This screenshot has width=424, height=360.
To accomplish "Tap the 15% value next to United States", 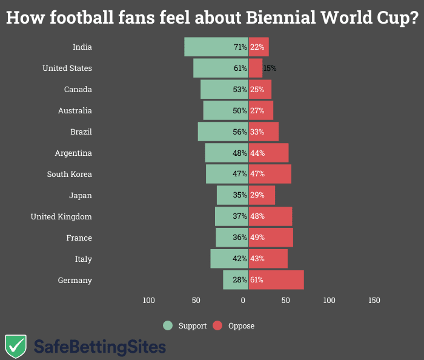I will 270,68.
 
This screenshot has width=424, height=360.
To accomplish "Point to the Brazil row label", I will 81,132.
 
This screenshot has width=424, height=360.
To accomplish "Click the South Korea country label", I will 70,174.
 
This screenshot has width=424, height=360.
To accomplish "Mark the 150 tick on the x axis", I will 374,300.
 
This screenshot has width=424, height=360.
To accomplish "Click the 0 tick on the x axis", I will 243,300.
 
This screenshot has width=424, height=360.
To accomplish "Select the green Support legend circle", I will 168,325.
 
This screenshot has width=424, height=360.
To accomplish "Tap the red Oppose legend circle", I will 218,325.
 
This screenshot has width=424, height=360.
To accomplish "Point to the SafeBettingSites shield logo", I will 15,346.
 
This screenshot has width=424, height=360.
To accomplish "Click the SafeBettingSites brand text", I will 99,347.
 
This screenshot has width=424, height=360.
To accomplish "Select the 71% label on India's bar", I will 240,47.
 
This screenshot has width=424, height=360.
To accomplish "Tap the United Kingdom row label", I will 61,216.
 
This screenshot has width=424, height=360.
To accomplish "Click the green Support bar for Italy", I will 221,259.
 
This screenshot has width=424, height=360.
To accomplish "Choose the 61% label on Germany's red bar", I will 257,280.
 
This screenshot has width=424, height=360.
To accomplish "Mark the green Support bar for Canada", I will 217,90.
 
